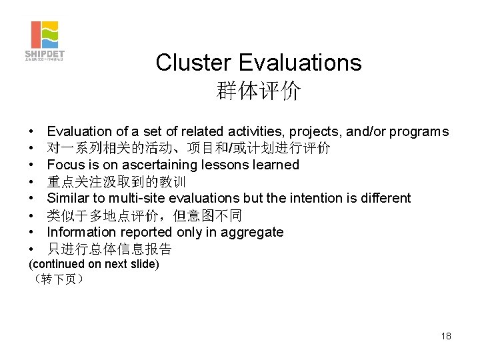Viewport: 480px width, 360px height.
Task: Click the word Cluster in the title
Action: pyautogui.click(x=193, y=63)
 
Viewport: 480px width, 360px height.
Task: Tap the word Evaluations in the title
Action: pyautogui.click(x=299, y=63)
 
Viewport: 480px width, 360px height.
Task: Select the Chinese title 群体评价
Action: pyautogui.click(x=258, y=91)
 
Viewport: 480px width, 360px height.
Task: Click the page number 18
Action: pyautogui.click(x=446, y=336)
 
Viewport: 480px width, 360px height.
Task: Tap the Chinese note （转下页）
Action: pyautogui.click(x=57, y=279)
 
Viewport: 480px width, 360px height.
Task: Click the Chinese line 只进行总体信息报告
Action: pyautogui.click(x=109, y=249)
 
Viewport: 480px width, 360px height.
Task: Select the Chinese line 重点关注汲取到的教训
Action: pyautogui.click(x=116, y=181)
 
